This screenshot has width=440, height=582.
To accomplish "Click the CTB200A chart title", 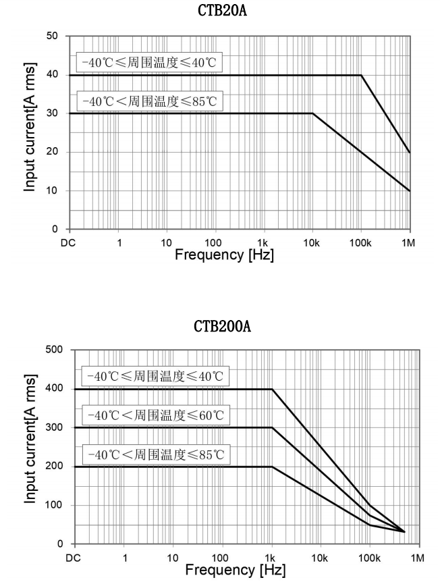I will click(220, 328).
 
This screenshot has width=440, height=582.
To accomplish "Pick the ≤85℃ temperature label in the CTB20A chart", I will click(148, 101).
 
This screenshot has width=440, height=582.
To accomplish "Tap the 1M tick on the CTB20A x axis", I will click(409, 242).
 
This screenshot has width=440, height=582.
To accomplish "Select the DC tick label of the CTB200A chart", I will click(76, 558).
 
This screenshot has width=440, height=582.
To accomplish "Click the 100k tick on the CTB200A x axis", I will click(369, 558).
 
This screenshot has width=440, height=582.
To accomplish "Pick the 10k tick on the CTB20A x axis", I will click(312, 242).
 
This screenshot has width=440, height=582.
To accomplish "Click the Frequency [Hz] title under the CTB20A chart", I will click(223, 255).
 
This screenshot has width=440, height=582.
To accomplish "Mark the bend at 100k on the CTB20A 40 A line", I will click(361, 75).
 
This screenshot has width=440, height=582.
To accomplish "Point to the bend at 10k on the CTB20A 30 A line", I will click(312, 113).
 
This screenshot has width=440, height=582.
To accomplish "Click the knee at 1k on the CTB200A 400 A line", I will click(272, 389).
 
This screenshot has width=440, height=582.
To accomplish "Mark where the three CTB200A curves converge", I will click(404, 531).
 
